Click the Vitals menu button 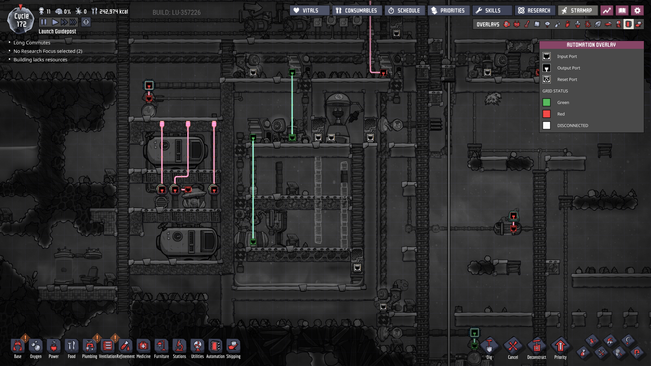[x=310, y=11]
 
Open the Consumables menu [x=357, y=11]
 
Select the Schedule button [x=404, y=11]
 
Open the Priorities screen [x=448, y=11]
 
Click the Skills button [x=492, y=11]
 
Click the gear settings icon [x=637, y=11]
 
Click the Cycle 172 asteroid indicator [x=21, y=20]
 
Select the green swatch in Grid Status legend [x=547, y=102]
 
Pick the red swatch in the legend [x=547, y=114]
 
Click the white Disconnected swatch [x=547, y=125]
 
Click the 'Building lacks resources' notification [x=40, y=60]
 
